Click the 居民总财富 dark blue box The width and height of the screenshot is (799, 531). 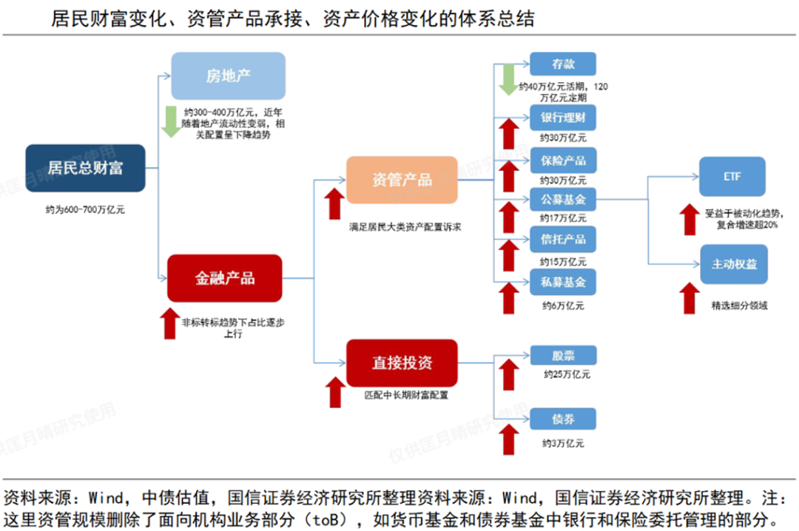pyautogui.click(x=85, y=168)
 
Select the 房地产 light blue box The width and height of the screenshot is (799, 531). pyautogui.click(x=228, y=75)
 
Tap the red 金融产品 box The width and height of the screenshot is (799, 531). pyautogui.click(x=224, y=278)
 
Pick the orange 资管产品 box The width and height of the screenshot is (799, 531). pyautogui.click(x=402, y=180)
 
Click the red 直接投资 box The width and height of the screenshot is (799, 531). pyautogui.click(x=402, y=362)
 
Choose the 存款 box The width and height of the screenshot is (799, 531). pyautogui.click(x=562, y=64)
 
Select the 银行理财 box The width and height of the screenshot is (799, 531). pyautogui.click(x=562, y=118)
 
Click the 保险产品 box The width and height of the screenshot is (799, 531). pyautogui.click(x=562, y=160)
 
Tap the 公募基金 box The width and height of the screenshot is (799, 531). pyautogui.click(x=562, y=200)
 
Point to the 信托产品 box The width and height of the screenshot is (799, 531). pyautogui.click(x=562, y=240)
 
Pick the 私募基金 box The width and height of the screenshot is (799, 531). pyautogui.click(x=562, y=282)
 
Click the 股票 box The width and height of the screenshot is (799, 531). pyautogui.click(x=562, y=356)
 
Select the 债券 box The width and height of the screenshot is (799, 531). pyautogui.click(x=562, y=419)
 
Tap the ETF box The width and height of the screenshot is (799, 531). pyautogui.click(x=732, y=177)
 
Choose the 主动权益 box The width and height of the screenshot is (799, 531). pyautogui.click(x=733, y=264)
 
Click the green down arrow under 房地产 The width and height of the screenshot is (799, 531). pyautogui.click(x=170, y=121)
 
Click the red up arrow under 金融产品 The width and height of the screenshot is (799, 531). pyautogui.click(x=169, y=322)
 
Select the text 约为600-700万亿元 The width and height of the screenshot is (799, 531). pyautogui.click(x=84, y=209)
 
